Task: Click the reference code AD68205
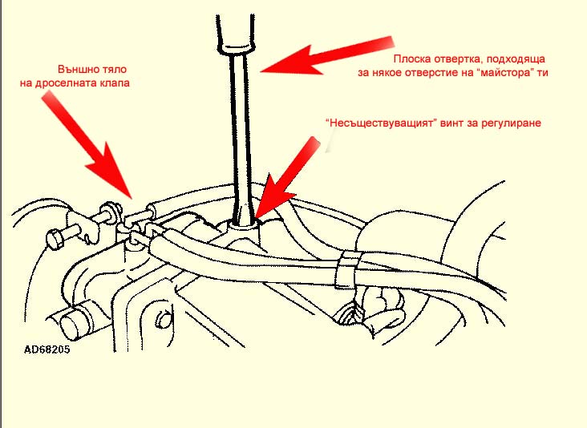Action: (x=47, y=349)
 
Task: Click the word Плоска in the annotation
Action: (x=412, y=59)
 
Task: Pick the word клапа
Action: (x=114, y=83)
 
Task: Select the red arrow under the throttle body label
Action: (x=87, y=145)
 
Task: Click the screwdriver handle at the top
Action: (x=236, y=34)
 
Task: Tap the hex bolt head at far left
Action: (x=57, y=239)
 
